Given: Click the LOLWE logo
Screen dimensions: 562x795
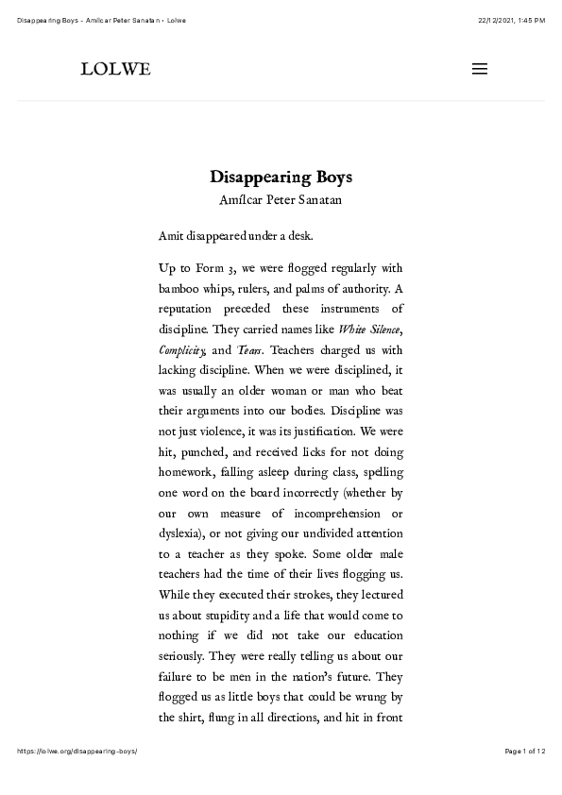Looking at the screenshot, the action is coord(115,69).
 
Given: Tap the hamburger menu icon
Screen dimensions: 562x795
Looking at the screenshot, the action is coord(479,69).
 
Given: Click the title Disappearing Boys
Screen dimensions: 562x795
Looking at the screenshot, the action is coord(281,178).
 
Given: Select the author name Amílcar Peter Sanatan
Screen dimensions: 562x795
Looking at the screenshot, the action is coord(281,200).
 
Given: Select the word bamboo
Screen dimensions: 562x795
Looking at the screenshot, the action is coord(179,288).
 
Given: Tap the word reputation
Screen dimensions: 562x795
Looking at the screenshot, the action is coord(190,309).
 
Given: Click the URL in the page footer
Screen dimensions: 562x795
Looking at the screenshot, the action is coord(77,751).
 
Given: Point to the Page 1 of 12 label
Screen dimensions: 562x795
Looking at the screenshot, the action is coord(525,751).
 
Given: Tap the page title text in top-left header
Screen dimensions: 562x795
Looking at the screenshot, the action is coord(101,21).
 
